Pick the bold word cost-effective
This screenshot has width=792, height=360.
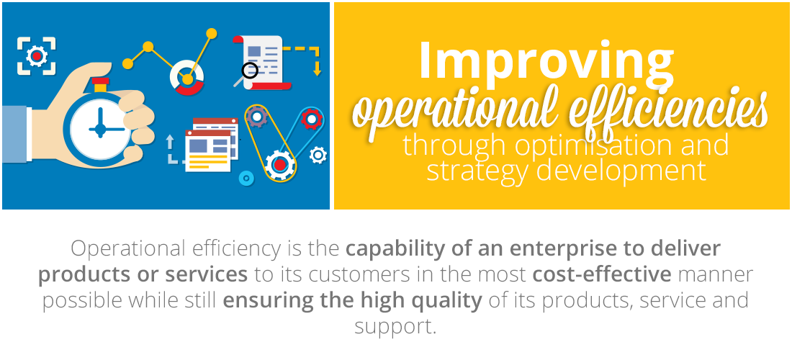tap(602, 274)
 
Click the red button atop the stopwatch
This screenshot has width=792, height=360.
tap(101, 81)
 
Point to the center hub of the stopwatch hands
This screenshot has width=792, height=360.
tap(101, 130)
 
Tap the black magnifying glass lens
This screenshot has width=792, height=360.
tap(250, 71)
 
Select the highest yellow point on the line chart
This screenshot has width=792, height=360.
tap(212, 33)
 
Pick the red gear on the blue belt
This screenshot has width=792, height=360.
tap(312, 119)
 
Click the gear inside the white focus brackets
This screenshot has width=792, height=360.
tap(37, 56)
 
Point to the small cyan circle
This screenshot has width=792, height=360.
tap(246, 178)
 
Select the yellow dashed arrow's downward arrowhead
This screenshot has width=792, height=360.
tap(317, 71)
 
